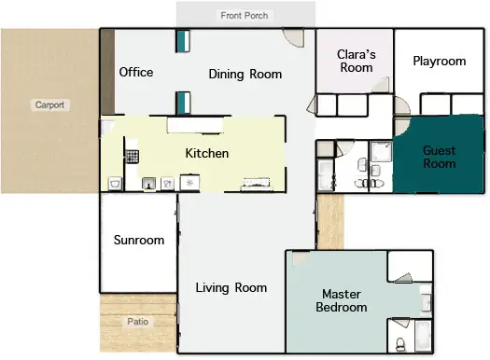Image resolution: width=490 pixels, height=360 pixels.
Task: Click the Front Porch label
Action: (244, 15)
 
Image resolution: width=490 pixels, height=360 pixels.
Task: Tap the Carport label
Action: (49, 104)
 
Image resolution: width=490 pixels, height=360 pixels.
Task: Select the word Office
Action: (136, 72)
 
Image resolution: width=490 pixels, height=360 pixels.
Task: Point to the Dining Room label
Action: (245, 75)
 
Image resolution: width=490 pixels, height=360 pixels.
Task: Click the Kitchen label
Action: (207, 153)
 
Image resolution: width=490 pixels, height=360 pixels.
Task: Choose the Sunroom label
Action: (139, 240)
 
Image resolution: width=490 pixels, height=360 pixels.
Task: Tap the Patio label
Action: (138, 321)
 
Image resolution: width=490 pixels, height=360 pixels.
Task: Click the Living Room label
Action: (231, 288)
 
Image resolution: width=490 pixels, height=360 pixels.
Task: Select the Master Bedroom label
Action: (342, 300)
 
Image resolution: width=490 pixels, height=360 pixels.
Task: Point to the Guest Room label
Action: (440, 157)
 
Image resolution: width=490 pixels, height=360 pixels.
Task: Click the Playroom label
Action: (440, 62)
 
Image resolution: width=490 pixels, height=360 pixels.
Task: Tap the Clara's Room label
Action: (357, 61)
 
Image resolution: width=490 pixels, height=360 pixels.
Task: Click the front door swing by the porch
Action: (294, 37)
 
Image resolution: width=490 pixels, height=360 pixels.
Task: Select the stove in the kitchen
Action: (133, 157)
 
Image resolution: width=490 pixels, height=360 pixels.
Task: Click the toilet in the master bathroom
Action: (400, 344)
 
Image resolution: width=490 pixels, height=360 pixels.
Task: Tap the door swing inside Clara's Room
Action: (382, 86)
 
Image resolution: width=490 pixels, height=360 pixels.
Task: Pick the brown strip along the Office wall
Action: (107, 72)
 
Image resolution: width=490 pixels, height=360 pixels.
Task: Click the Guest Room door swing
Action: (401, 127)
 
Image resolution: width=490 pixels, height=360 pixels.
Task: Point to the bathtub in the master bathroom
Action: (423, 336)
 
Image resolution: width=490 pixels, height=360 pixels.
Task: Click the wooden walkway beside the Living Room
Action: (330, 222)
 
